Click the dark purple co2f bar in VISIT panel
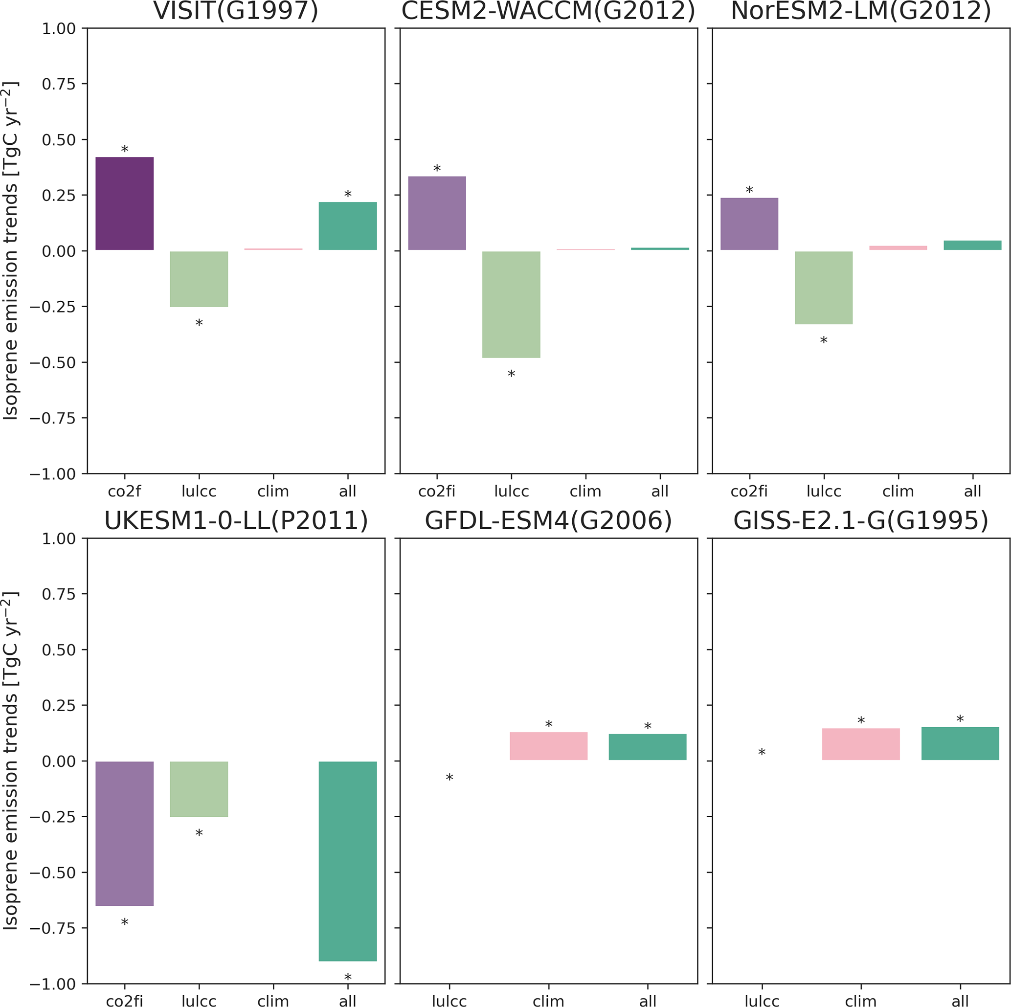(125, 203)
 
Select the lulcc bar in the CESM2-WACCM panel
(511, 305)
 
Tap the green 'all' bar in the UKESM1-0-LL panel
(347, 861)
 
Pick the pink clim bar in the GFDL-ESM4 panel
(548, 746)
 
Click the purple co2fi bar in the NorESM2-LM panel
(749, 224)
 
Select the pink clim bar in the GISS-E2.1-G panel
(861, 744)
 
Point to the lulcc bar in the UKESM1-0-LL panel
(199, 789)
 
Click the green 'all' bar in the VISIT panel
(347, 226)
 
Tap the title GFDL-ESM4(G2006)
(548, 521)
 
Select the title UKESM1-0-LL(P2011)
(236, 521)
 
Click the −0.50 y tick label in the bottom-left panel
(52, 873)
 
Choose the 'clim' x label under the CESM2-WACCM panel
(585, 492)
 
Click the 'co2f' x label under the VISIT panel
(125, 492)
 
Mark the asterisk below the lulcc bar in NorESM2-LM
(824, 340)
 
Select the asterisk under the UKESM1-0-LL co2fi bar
(125, 923)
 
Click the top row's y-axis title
(10, 251)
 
